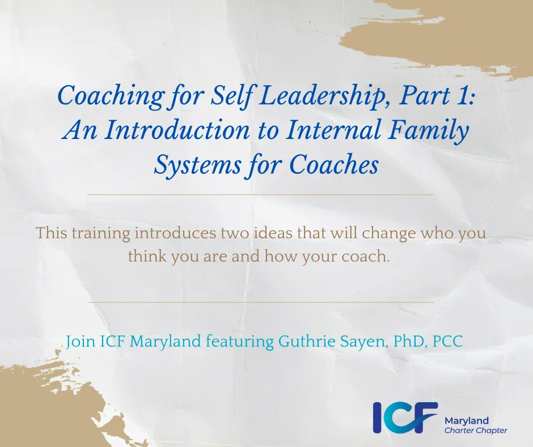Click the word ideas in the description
pos(258,233)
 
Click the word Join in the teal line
pos(78,343)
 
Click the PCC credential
pos(442,343)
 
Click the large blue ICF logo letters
pos(405,418)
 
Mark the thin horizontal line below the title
pos(261,195)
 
